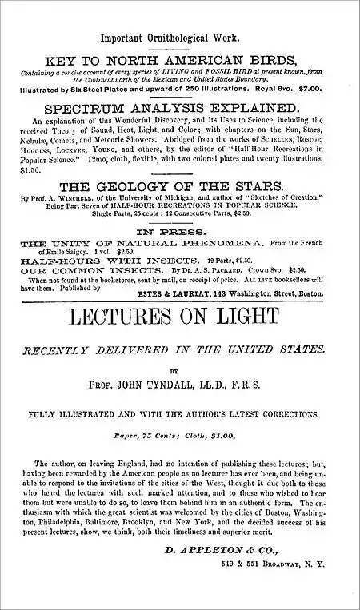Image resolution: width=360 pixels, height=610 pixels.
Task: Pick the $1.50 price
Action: click(30, 169)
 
